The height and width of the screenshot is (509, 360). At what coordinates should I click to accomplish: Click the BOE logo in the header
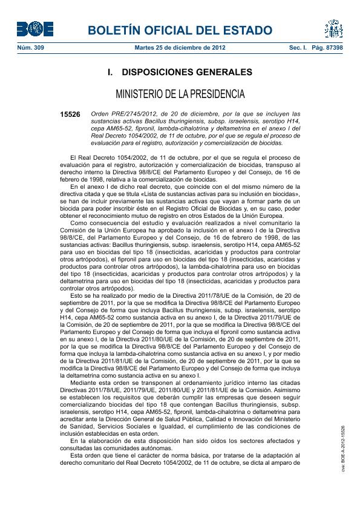pyautogui.click(x=34, y=28)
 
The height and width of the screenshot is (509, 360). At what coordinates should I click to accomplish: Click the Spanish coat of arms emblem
pyautogui.click(x=333, y=28)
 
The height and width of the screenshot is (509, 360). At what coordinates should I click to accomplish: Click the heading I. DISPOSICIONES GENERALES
pyautogui.click(x=180, y=73)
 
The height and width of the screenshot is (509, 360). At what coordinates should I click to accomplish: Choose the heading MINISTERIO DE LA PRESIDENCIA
pyautogui.click(x=180, y=94)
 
